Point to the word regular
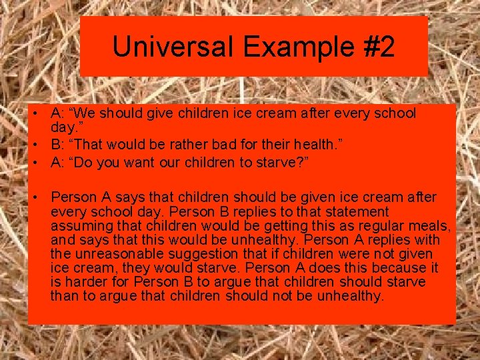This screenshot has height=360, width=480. tap(373, 226)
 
